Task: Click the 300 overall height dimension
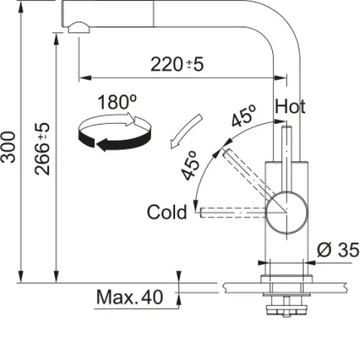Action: [x=9, y=147]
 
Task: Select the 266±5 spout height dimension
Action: [x=42, y=149]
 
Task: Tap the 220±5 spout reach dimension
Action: [x=177, y=64]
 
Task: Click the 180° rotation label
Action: [x=117, y=102]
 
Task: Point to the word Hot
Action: [x=290, y=107]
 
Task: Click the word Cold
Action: [x=167, y=212]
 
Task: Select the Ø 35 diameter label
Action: [x=338, y=250]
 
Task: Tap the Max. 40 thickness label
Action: [x=130, y=297]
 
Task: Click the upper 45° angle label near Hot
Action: [x=243, y=116]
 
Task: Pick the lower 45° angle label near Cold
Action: [x=190, y=166]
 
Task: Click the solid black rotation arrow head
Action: [x=102, y=145]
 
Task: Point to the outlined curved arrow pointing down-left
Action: [x=185, y=132]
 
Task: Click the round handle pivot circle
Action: [x=287, y=212]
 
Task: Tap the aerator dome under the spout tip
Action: [x=78, y=27]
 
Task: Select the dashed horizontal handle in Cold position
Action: [x=233, y=212]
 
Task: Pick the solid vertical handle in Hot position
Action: [x=287, y=159]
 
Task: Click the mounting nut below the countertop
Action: [x=287, y=309]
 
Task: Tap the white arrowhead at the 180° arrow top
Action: [x=130, y=119]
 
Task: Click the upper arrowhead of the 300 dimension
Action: [x=21, y=9]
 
